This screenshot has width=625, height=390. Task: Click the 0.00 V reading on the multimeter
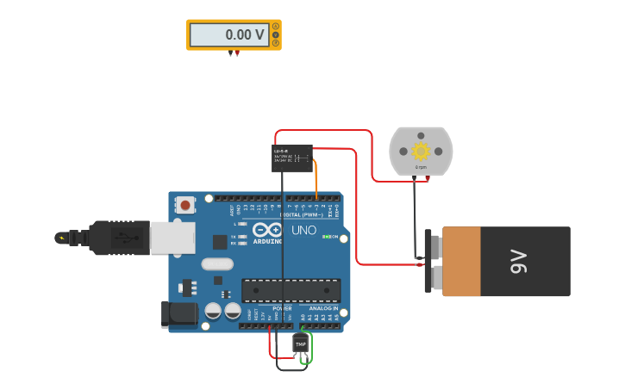tap(245, 35)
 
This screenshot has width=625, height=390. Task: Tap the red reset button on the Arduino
tap(184, 205)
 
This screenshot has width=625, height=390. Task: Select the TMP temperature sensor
tap(300, 344)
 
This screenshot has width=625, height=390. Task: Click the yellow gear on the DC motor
tap(421, 152)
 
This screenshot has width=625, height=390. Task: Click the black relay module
tap(292, 158)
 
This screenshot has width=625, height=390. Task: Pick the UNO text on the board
tap(303, 230)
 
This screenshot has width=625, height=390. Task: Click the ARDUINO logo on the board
tap(267, 232)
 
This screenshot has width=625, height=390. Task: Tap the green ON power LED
tap(325, 236)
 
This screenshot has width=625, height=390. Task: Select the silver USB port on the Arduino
tap(172, 238)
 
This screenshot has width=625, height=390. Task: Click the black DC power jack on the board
tap(178, 314)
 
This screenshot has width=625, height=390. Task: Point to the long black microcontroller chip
tap(291, 290)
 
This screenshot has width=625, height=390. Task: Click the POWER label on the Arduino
tap(282, 308)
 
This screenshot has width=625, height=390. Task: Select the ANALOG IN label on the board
tap(323, 308)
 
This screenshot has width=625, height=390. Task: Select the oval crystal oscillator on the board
tap(218, 264)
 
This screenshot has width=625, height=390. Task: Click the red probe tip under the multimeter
tap(237, 54)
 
